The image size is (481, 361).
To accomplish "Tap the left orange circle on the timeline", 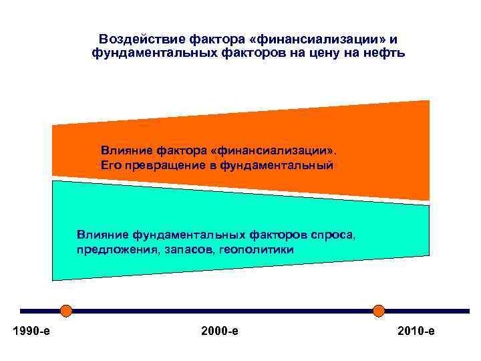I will pyautogui.click(x=65, y=310).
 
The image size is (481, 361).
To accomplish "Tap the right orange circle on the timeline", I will pyautogui.click(x=379, y=310).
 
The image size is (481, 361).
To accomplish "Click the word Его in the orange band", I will pyautogui.click(x=111, y=163).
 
